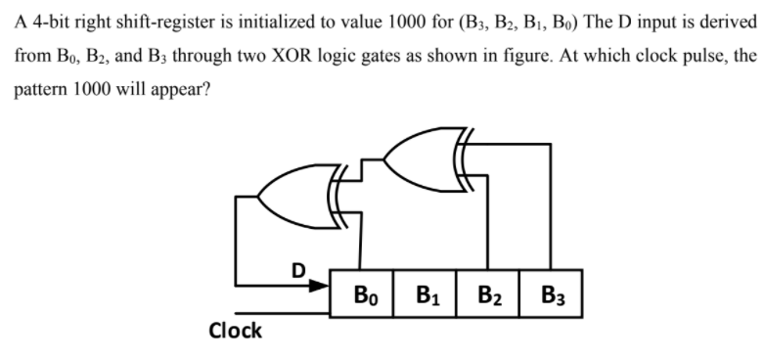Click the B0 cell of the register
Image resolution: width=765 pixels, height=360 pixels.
pos(362,294)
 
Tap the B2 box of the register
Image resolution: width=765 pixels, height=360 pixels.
pos(490,294)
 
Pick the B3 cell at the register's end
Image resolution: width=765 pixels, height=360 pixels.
pos(553,294)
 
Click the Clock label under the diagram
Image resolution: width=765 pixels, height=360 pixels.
pos(236,330)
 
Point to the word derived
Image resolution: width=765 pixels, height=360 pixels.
pos(724,22)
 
